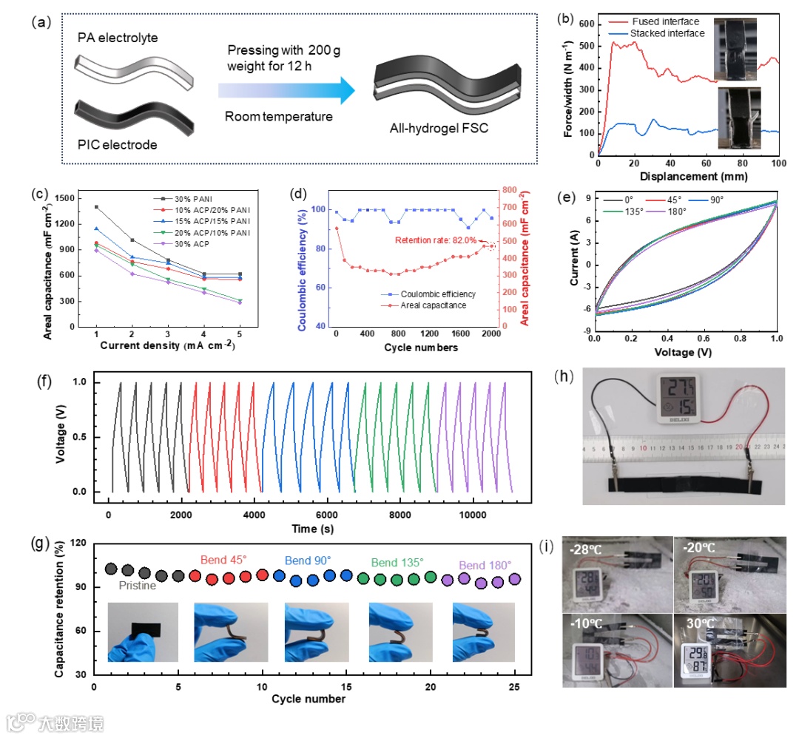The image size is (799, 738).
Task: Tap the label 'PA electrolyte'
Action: pyautogui.click(x=116, y=37)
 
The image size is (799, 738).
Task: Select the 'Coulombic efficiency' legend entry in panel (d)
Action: pyautogui.click(x=436, y=293)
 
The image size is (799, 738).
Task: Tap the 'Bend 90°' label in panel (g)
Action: pyautogui.click(x=309, y=561)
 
